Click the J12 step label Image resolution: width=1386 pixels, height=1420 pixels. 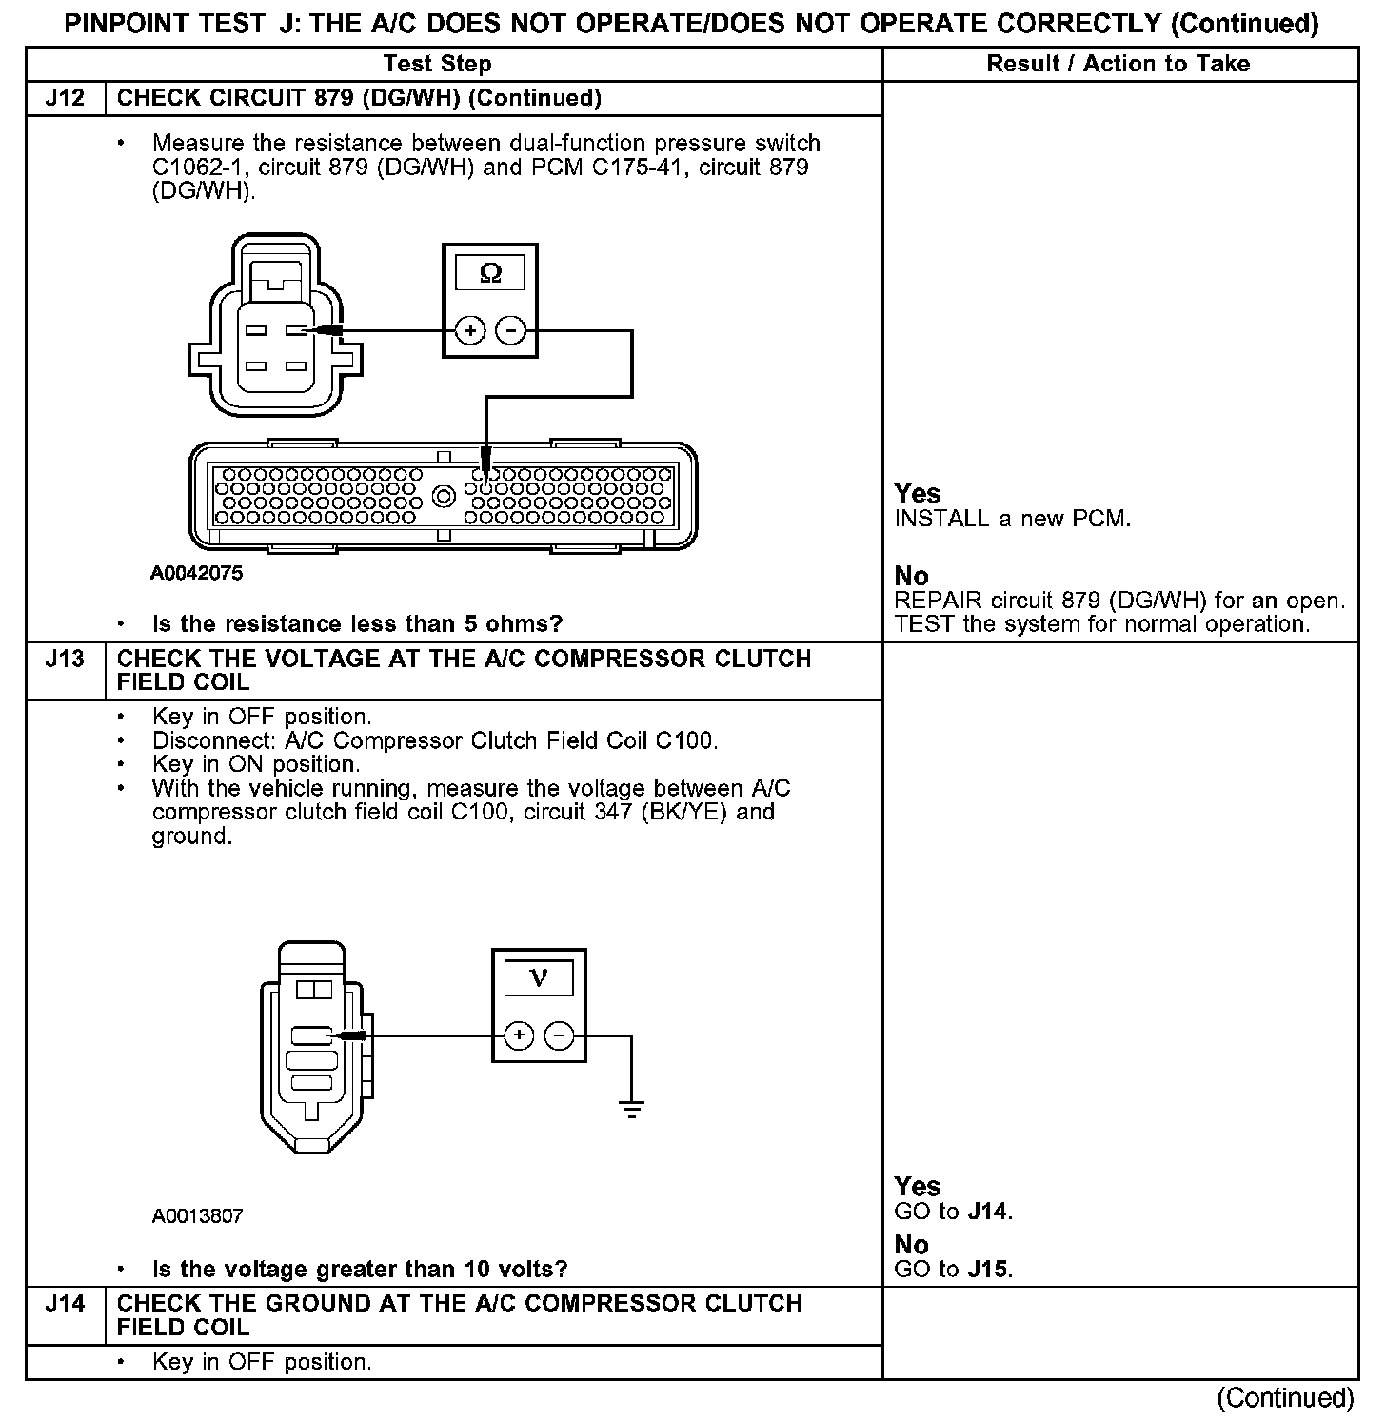click(65, 98)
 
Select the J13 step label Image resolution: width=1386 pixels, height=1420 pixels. click(65, 659)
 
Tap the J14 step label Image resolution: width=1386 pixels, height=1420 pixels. click(65, 1303)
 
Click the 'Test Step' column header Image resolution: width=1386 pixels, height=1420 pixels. click(438, 64)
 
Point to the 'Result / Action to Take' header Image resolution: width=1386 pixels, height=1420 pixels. click(1119, 64)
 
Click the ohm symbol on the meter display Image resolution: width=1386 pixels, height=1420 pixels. click(490, 273)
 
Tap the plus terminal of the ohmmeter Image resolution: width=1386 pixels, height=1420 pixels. click(470, 331)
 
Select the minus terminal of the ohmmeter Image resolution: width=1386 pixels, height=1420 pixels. click(511, 331)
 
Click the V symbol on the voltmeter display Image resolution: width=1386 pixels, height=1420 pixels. click(539, 977)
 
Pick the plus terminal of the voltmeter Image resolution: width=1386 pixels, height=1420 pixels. click(519, 1035)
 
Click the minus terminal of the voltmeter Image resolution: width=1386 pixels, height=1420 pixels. click(560, 1035)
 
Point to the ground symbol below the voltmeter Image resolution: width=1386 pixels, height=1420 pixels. click(631, 1108)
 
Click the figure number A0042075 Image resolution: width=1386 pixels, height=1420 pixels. click(196, 573)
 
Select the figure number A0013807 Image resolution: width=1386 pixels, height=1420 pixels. click(196, 1216)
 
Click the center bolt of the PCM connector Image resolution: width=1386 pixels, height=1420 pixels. click(443, 495)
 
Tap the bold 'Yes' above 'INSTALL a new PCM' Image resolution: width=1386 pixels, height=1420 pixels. click(918, 494)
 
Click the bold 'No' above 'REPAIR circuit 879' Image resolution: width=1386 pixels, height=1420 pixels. click(911, 576)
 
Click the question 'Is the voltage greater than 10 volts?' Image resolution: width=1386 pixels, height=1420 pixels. click(360, 1269)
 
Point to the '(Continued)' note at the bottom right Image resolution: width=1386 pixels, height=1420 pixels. click(1285, 1397)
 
